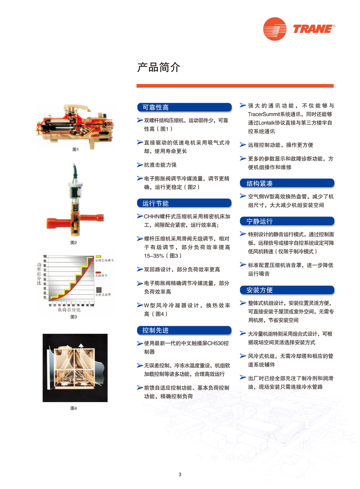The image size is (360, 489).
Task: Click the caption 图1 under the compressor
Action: [x=75, y=149]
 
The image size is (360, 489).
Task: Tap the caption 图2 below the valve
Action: [x=74, y=242]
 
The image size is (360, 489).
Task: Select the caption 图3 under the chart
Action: [x=74, y=317]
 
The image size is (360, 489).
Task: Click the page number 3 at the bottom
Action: [x=180, y=474]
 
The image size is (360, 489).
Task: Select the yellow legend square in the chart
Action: [x=98, y=257]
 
